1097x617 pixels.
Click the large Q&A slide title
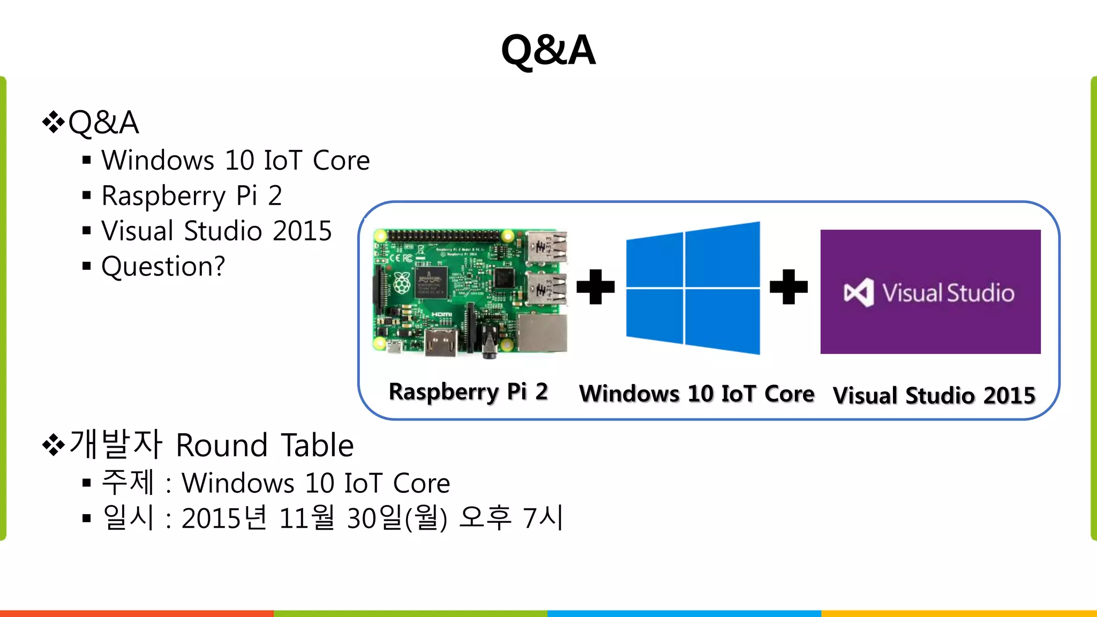[548, 50]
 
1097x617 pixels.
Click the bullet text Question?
[163, 266]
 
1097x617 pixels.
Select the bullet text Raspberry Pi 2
[191, 195]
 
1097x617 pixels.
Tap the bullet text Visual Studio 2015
[216, 231]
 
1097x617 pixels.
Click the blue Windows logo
[693, 288]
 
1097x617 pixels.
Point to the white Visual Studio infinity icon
[859, 293]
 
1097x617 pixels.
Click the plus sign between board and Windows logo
[595, 287]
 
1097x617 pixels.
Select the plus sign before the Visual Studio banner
[788, 287]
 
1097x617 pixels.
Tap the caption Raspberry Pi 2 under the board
[468, 392]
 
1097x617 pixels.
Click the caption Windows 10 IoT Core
[696, 394]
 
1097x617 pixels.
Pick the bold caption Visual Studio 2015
[934, 396]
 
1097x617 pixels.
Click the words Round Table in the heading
[265, 445]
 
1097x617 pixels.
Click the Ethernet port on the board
[542, 333]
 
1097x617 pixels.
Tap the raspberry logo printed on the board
[402, 282]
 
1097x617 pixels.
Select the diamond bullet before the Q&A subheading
[53, 122]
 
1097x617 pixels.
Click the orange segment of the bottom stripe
[137, 613]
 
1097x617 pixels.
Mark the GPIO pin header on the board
[445, 236]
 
